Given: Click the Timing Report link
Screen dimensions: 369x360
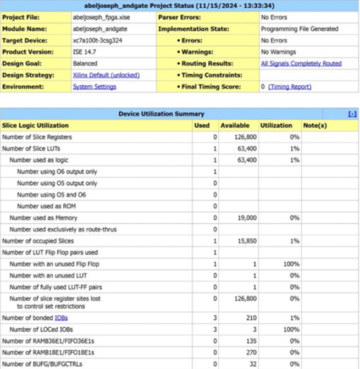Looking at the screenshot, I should coord(290,87).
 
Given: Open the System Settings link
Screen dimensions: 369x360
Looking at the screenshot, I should coord(94,87).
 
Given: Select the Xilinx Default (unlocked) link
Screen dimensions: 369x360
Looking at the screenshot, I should coord(106,75).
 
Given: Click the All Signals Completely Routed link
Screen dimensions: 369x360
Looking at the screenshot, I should coord(301,63).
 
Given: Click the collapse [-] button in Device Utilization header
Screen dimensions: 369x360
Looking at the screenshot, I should coord(352,114).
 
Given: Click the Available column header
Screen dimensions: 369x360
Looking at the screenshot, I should coord(235,126).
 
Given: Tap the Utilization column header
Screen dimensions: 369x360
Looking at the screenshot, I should coord(277,126).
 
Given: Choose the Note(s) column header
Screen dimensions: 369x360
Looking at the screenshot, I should coord(315,126).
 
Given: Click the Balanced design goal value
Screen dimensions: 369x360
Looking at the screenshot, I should coord(85,63).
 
